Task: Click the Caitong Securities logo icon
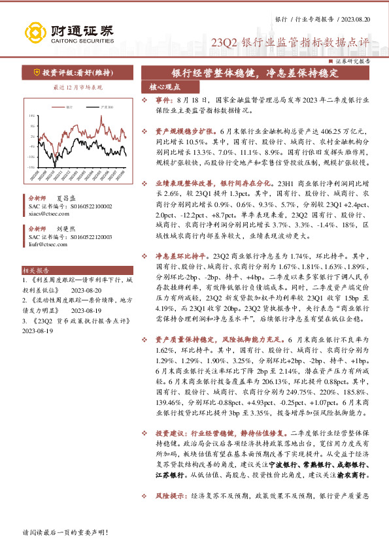33,31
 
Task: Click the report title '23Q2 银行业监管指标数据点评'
290,44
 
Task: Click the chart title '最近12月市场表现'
76,86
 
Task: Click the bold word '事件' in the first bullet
163,101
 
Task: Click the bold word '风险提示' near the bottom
168,497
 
